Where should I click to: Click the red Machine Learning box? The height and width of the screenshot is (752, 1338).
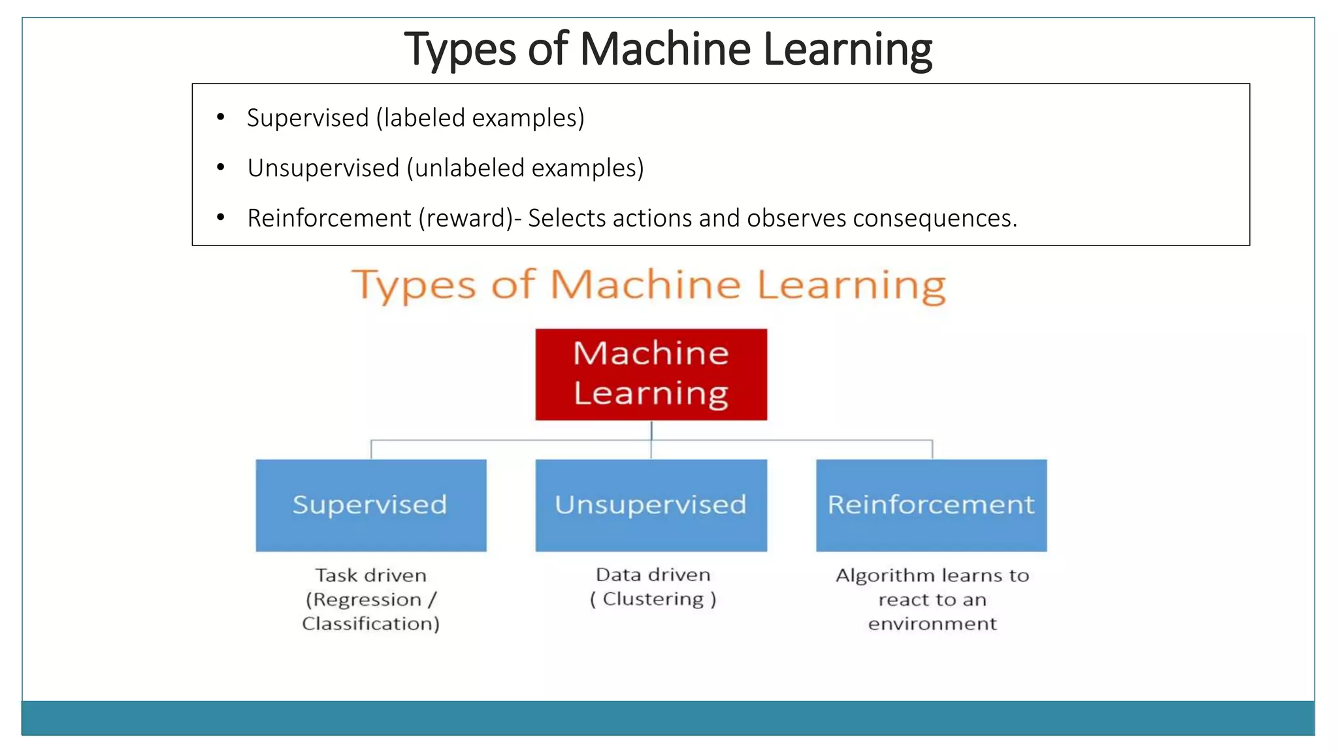(651, 374)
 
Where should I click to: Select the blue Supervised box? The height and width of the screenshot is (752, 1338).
(370, 505)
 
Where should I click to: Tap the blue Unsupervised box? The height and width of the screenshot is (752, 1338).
(651, 505)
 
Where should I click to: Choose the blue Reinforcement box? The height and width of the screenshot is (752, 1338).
(931, 505)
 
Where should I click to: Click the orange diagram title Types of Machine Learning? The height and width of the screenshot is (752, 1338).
(649, 285)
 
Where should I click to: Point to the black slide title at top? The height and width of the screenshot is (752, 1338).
(668, 50)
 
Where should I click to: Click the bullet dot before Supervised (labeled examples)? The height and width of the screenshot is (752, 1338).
(221, 117)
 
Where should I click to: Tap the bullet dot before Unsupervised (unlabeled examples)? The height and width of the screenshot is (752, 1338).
(221, 168)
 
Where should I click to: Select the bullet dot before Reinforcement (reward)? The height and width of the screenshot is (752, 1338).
(221, 217)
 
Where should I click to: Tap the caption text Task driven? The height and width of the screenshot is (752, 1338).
(370, 575)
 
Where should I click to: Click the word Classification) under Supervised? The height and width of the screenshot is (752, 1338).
(370, 624)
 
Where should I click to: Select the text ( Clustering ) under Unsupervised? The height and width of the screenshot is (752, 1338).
(653, 599)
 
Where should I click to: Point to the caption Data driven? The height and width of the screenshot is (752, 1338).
(653, 574)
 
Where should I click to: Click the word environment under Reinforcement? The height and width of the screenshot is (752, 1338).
(932, 624)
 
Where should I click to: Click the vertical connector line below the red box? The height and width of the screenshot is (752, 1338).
(651, 431)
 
